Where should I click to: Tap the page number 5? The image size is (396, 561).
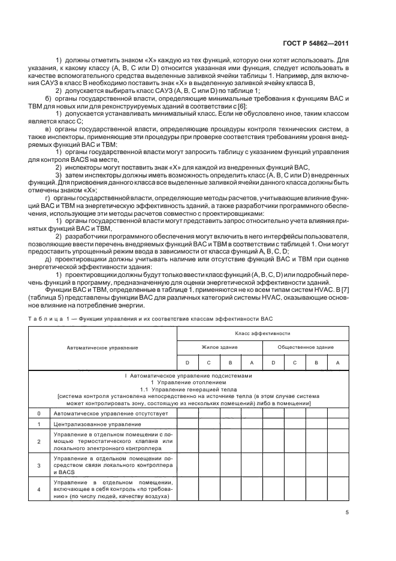(x=347, y=512)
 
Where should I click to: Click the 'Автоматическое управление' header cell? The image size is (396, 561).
(x=102, y=347)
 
